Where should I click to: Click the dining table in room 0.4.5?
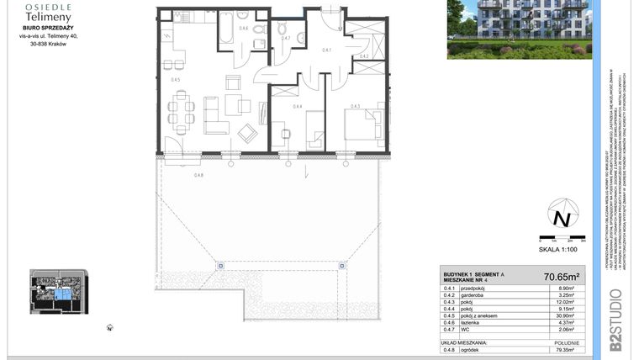click(181, 107)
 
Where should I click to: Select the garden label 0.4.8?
click(198, 175)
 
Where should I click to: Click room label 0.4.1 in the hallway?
click(327, 50)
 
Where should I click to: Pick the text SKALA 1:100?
click(558, 251)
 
